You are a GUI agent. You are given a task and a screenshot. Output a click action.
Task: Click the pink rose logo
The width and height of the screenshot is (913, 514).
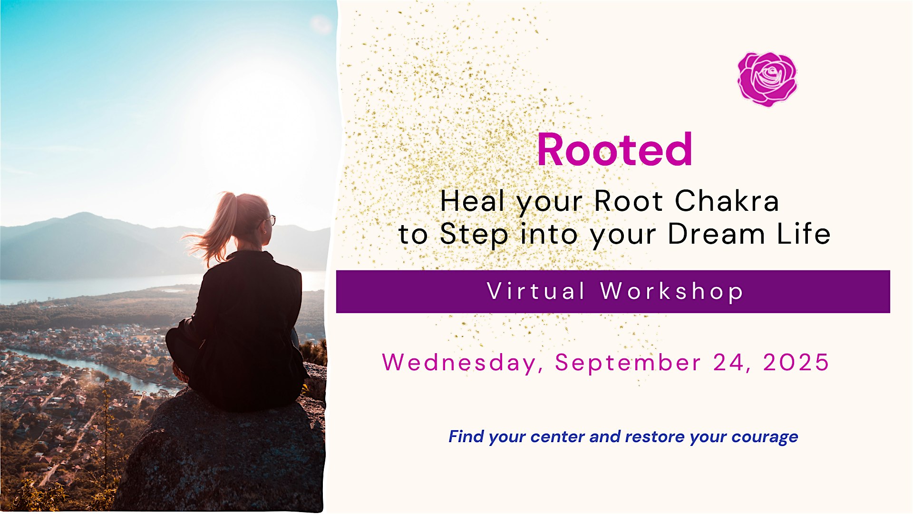coord(767,79)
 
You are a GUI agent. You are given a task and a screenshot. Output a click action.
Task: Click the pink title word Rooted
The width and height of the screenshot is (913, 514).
coord(614,150)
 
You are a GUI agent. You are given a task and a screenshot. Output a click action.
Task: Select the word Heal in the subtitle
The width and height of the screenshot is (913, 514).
coord(472,201)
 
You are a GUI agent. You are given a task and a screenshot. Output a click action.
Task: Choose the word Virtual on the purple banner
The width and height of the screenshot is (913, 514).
coord(536,291)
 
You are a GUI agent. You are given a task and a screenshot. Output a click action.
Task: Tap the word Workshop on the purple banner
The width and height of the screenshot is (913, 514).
coord(671,292)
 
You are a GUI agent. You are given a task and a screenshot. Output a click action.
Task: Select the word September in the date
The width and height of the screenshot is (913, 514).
coord(628,363)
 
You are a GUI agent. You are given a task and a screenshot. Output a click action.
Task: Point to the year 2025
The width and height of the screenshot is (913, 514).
coord(796,362)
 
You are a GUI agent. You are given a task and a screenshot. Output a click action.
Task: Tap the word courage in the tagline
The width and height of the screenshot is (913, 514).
coord(765,437)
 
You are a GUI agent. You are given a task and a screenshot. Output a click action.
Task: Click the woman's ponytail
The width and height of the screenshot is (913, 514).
coord(216,228)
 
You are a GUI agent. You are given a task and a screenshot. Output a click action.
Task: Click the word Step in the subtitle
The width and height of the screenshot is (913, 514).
coord(474,235)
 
